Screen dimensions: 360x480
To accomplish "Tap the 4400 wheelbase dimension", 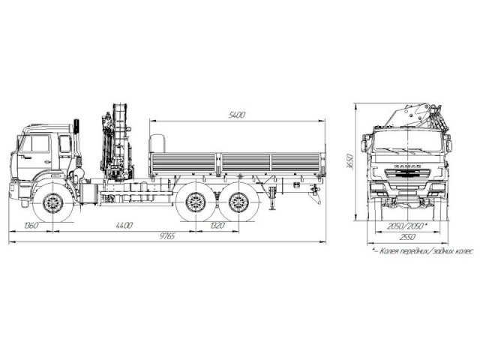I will [x=124, y=225].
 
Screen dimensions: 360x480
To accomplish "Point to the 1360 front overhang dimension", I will [x=31, y=225].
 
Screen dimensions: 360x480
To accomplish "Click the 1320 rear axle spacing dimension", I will [x=216, y=225].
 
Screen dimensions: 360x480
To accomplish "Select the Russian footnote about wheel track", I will [x=424, y=252].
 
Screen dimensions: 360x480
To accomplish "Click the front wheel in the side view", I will [x=52, y=202].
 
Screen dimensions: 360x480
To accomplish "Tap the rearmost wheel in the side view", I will [x=238, y=202].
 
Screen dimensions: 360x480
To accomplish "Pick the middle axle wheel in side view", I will [x=196, y=202].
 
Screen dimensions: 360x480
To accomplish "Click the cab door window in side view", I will [x=35, y=145].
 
